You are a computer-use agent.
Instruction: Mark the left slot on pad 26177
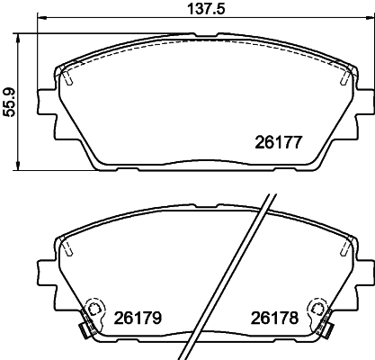click(x=68, y=78)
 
